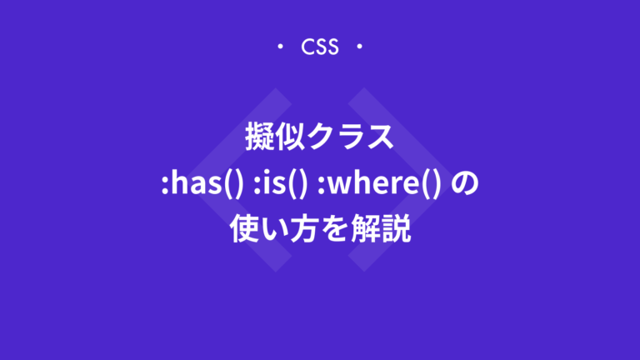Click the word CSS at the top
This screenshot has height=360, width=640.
click(320, 47)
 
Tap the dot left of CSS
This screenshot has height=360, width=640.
click(281, 47)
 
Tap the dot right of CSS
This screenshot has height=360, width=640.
click(359, 47)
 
